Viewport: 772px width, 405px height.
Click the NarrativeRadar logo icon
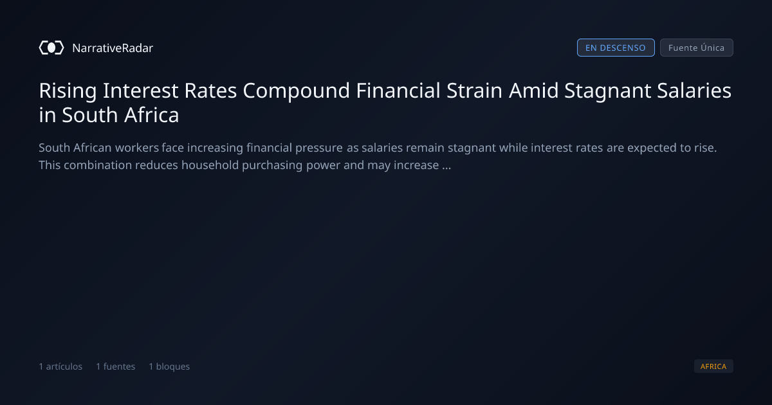51,48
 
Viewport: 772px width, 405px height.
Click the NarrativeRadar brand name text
113,48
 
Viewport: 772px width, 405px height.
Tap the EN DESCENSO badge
616,48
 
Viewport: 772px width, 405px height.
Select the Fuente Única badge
697,48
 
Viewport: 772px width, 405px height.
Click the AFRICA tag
713,366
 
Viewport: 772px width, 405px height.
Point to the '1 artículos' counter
60,366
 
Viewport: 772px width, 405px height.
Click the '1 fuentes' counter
115,366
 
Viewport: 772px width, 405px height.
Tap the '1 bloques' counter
169,366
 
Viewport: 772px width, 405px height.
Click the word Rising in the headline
68,91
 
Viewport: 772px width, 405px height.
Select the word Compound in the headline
297,91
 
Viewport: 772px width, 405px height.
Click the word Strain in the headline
475,91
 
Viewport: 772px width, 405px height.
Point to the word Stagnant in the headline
607,91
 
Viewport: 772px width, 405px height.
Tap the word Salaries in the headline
694,91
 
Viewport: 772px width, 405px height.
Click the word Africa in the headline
152,114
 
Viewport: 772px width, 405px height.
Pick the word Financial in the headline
398,91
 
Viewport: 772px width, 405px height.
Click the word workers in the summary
137,148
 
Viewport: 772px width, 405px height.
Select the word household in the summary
210,165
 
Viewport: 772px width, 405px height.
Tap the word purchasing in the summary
272,166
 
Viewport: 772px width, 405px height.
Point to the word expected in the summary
652,148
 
